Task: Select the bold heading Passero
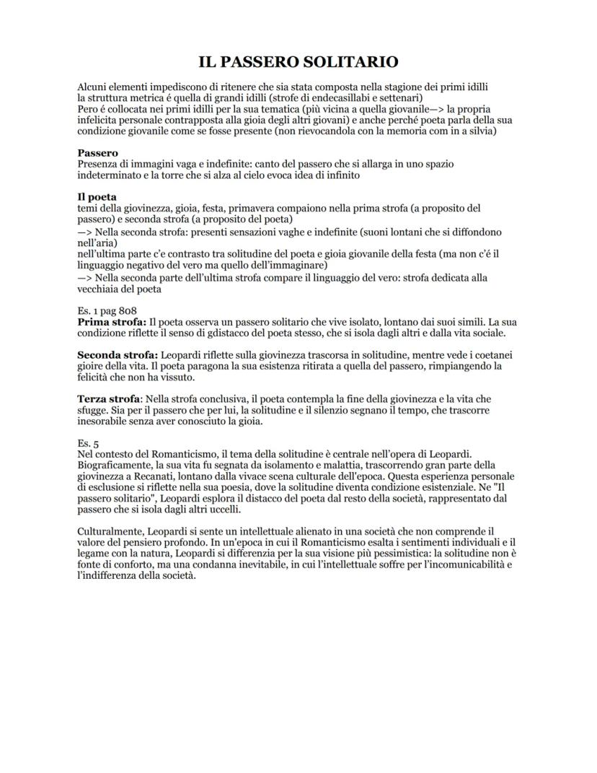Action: [x=97, y=153]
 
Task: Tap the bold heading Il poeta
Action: [x=97, y=197]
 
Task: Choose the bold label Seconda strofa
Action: [x=118, y=356]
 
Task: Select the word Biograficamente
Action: [x=114, y=466]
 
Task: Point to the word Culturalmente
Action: [x=110, y=532]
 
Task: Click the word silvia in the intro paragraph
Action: [x=480, y=131]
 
